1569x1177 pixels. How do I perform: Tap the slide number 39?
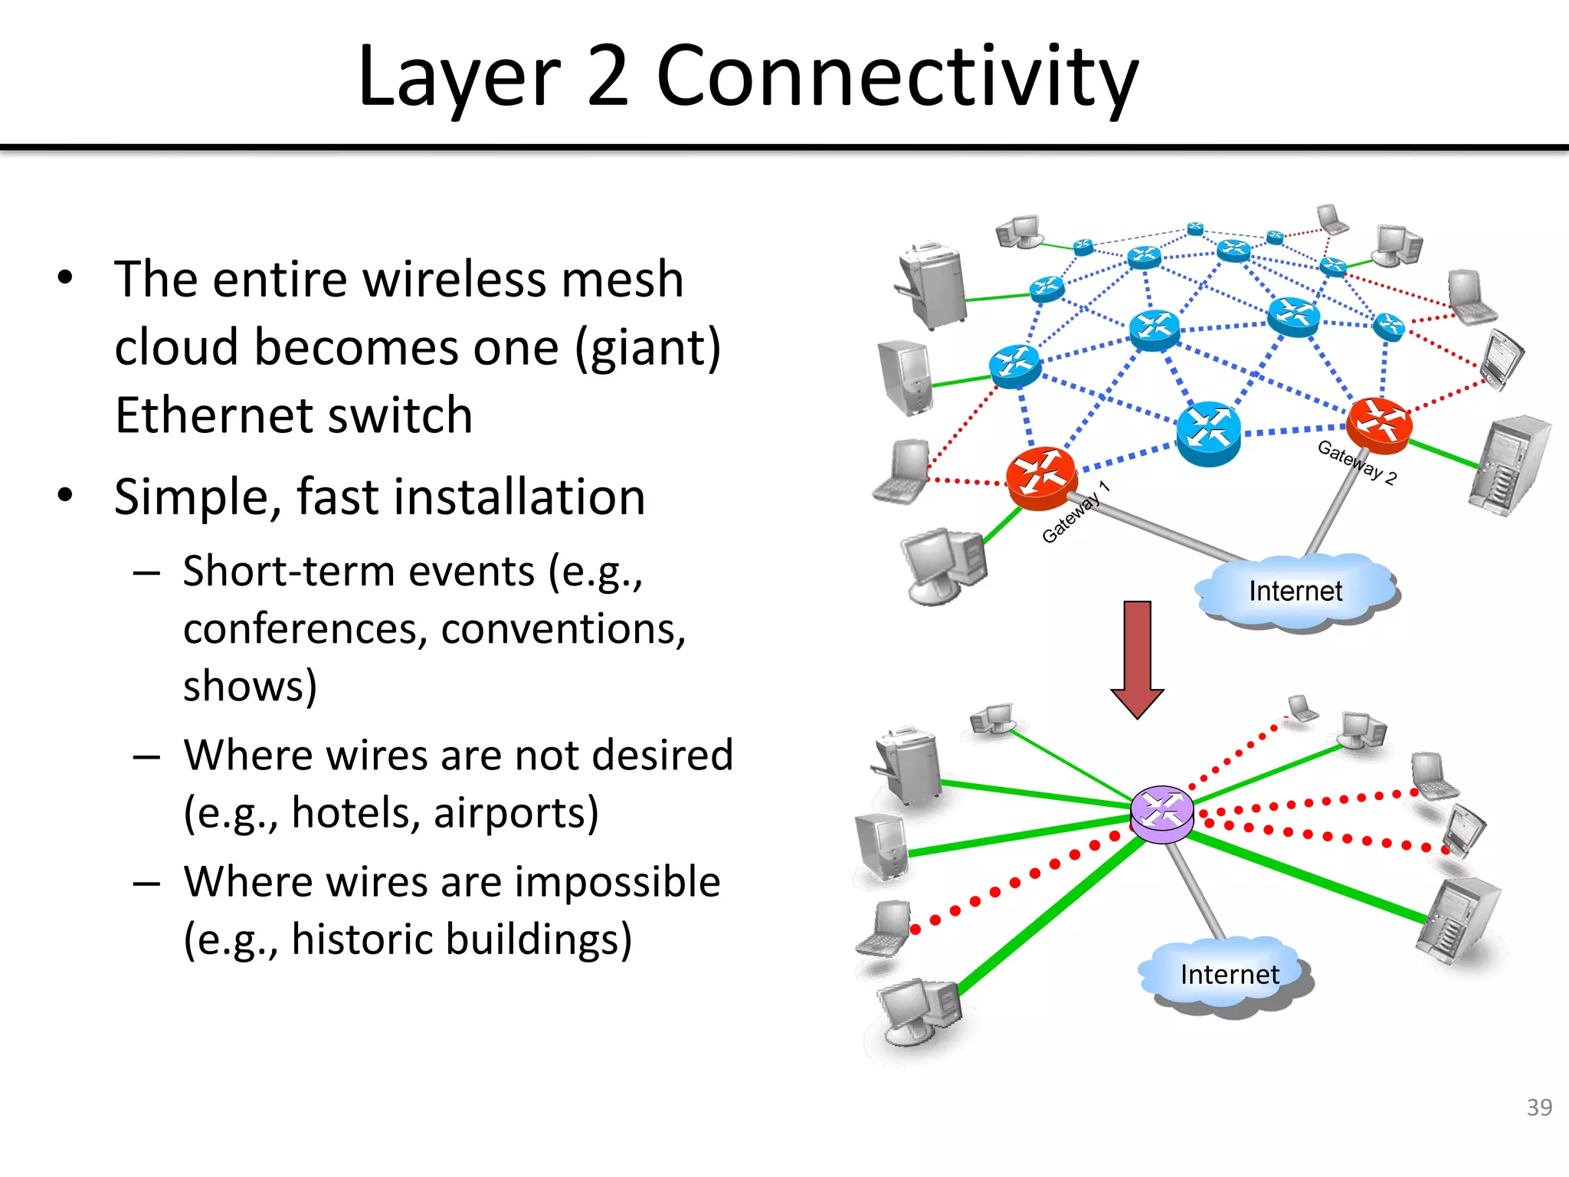1538,1107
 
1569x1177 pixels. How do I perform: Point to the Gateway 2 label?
1357,462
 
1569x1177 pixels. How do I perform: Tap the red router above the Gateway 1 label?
1041,477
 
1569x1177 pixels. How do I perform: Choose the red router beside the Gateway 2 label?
1379,422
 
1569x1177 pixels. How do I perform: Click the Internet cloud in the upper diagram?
1295,592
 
